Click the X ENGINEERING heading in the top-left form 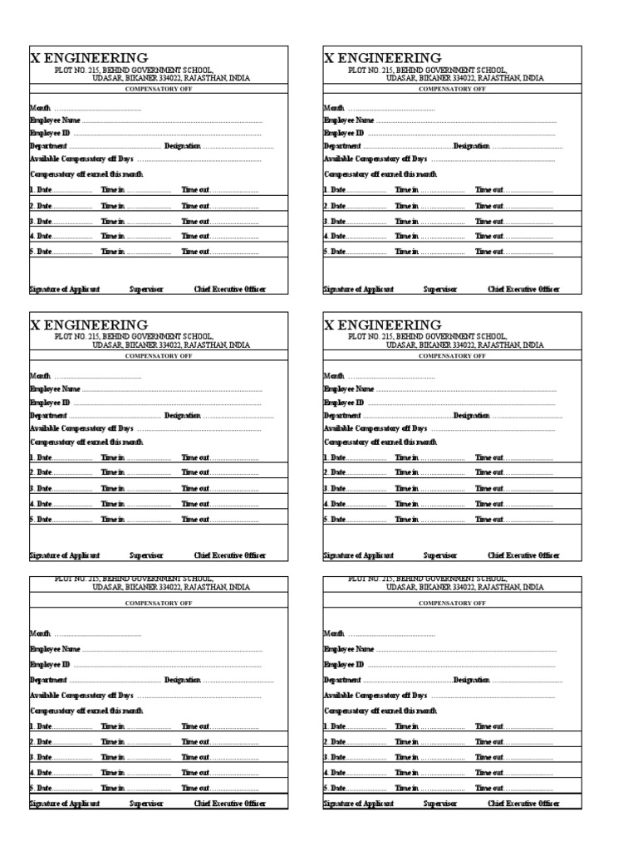point(89,58)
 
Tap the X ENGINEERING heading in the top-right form point(382,58)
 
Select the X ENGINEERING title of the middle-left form point(89,325)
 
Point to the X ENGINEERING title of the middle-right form point(382,325)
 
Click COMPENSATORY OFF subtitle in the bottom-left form point(159,603)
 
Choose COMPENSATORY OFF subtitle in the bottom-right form point(452,603)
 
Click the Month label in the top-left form point(41,108)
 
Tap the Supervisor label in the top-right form point(439,290)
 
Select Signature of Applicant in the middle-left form point(65,555)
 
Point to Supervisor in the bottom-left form point(146,804)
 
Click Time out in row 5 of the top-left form point(195,252)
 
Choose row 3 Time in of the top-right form point(406,222)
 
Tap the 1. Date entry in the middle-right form point(334,457)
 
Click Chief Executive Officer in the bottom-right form point(523,804)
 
